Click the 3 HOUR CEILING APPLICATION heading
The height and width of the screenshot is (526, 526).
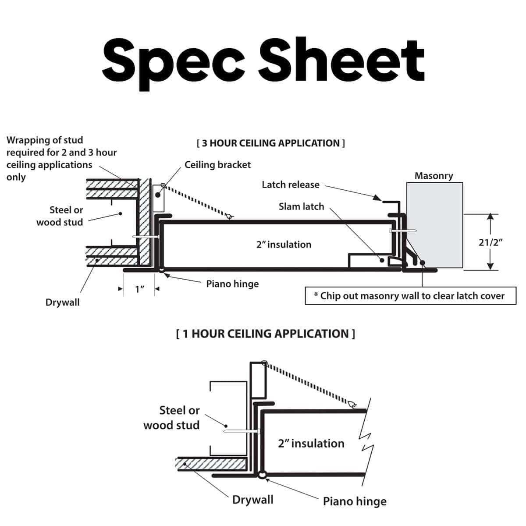click(271, 143)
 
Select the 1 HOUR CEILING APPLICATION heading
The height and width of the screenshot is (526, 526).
click(266, 334)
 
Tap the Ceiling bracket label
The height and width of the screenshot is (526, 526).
click(217, 165)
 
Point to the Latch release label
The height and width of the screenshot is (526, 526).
click(291, 185)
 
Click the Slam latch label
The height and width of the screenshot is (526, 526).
click(301, 206)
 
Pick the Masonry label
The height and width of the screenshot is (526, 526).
click(434, 176)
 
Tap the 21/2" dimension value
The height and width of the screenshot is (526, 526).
click(490, 242)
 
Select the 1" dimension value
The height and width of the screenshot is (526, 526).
click(139, 289)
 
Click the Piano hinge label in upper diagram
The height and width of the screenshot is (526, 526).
click(232, 284)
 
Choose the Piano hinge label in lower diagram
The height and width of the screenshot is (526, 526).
click(355, 501)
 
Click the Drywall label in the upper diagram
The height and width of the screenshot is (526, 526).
click(63, 302)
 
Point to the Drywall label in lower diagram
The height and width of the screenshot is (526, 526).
click(252, 500)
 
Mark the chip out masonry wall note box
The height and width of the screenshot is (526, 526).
click(410, 296)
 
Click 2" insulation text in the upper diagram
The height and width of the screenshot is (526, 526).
click(284, 245)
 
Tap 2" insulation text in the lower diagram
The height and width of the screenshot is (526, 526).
click(311, 444)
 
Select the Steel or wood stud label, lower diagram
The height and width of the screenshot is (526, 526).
click(172, 418)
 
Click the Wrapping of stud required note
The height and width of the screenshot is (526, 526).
click(61, 158)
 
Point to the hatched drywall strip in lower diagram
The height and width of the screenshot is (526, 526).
click(210, 463)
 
